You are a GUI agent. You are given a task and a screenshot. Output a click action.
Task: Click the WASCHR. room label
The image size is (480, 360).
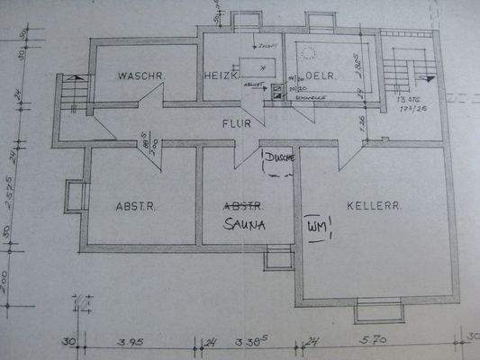(x=140, y=76)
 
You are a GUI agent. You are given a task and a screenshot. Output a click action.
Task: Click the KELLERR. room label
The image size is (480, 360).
(x=373, y=206)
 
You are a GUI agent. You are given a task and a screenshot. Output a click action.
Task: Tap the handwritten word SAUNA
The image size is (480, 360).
(x=245, y=224)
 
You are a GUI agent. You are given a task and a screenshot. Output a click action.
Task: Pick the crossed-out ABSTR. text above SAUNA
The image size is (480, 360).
(x=243, y=204)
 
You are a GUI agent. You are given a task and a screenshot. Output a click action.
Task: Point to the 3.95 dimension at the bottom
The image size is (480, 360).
(x=133, y=342)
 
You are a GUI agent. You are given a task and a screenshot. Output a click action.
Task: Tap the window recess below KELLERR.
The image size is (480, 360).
(x=384, y=311)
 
